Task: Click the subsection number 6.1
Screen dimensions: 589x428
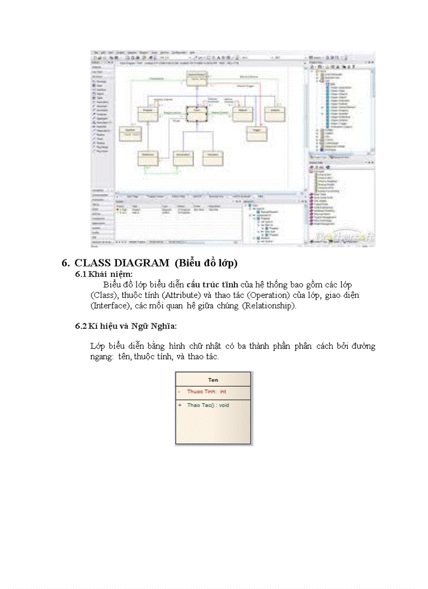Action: [x=80, y=274]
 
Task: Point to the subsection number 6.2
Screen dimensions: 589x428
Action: [x=80, y=326]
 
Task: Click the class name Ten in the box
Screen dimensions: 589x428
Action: [x=213, y=380]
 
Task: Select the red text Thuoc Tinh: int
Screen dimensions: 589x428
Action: [x=207, y=392]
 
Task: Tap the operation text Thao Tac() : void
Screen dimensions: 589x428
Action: [x=208, y=405]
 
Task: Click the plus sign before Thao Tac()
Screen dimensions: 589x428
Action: [x=179, y=405]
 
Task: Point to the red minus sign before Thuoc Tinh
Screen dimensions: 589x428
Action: [x=179, y=392]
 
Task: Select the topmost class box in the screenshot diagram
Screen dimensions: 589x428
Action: [x=198, y=78]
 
